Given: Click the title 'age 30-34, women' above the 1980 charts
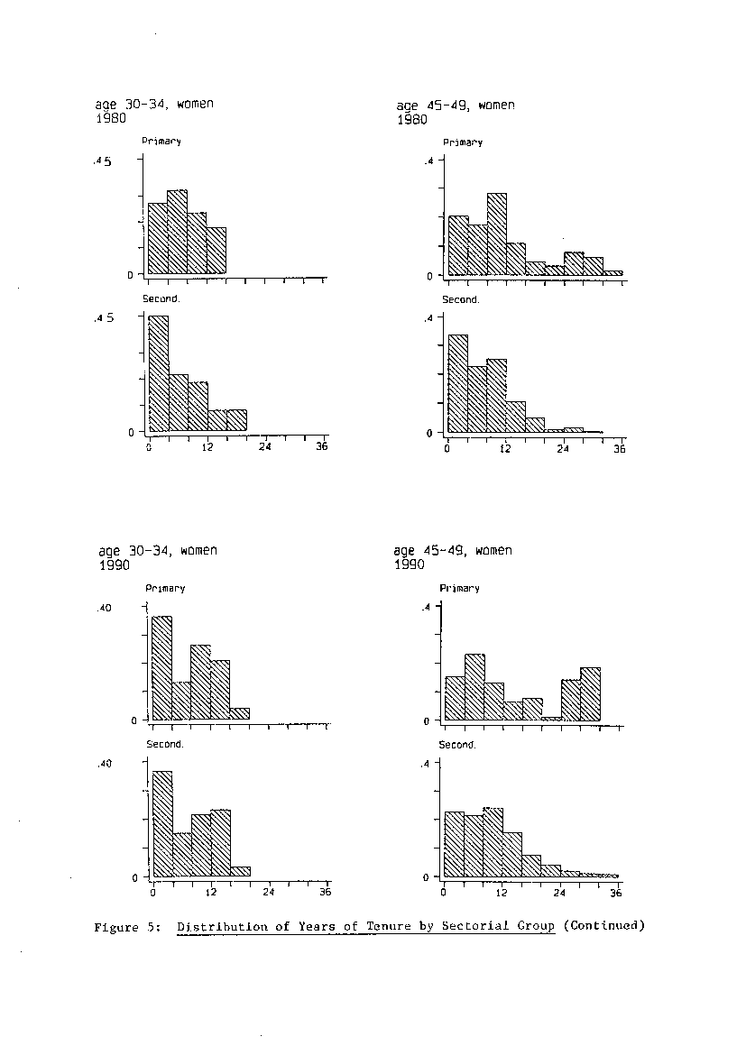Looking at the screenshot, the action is (x=154, y=105).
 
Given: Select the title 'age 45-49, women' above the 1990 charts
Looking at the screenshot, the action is (x=453, y=551).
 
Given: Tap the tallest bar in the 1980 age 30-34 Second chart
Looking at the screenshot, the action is (x=158, y=373).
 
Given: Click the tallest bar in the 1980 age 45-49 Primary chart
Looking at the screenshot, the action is (x=496, y=234).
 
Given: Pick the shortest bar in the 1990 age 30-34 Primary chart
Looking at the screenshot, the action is (x=240, y=714).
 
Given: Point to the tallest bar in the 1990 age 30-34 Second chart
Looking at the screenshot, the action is (x=162, y=823).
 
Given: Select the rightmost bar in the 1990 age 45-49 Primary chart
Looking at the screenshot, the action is (x=590, y=693).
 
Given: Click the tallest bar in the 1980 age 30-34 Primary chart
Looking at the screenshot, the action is (x=177, y=232).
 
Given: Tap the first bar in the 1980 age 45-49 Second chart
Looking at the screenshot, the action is (x=458, y=383).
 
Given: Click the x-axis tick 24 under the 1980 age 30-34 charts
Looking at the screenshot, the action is (x=264, y=446).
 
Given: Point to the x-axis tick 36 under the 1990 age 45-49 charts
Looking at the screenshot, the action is (x=616, y=893).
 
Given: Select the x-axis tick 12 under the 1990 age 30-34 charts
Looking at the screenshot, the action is (x=211, y=892).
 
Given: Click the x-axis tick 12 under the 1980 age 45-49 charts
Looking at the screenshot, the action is (x=505, y=448).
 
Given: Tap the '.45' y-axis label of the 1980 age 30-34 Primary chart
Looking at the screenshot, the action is (x=102, y=161).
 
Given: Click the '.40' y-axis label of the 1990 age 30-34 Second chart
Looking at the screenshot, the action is (x=105, y=763).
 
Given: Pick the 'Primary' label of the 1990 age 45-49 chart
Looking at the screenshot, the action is (x=460, y=588).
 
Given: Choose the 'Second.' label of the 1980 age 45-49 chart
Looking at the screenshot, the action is (x=461, y=299).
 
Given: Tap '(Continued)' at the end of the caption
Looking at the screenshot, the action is (x=604, y=925).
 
